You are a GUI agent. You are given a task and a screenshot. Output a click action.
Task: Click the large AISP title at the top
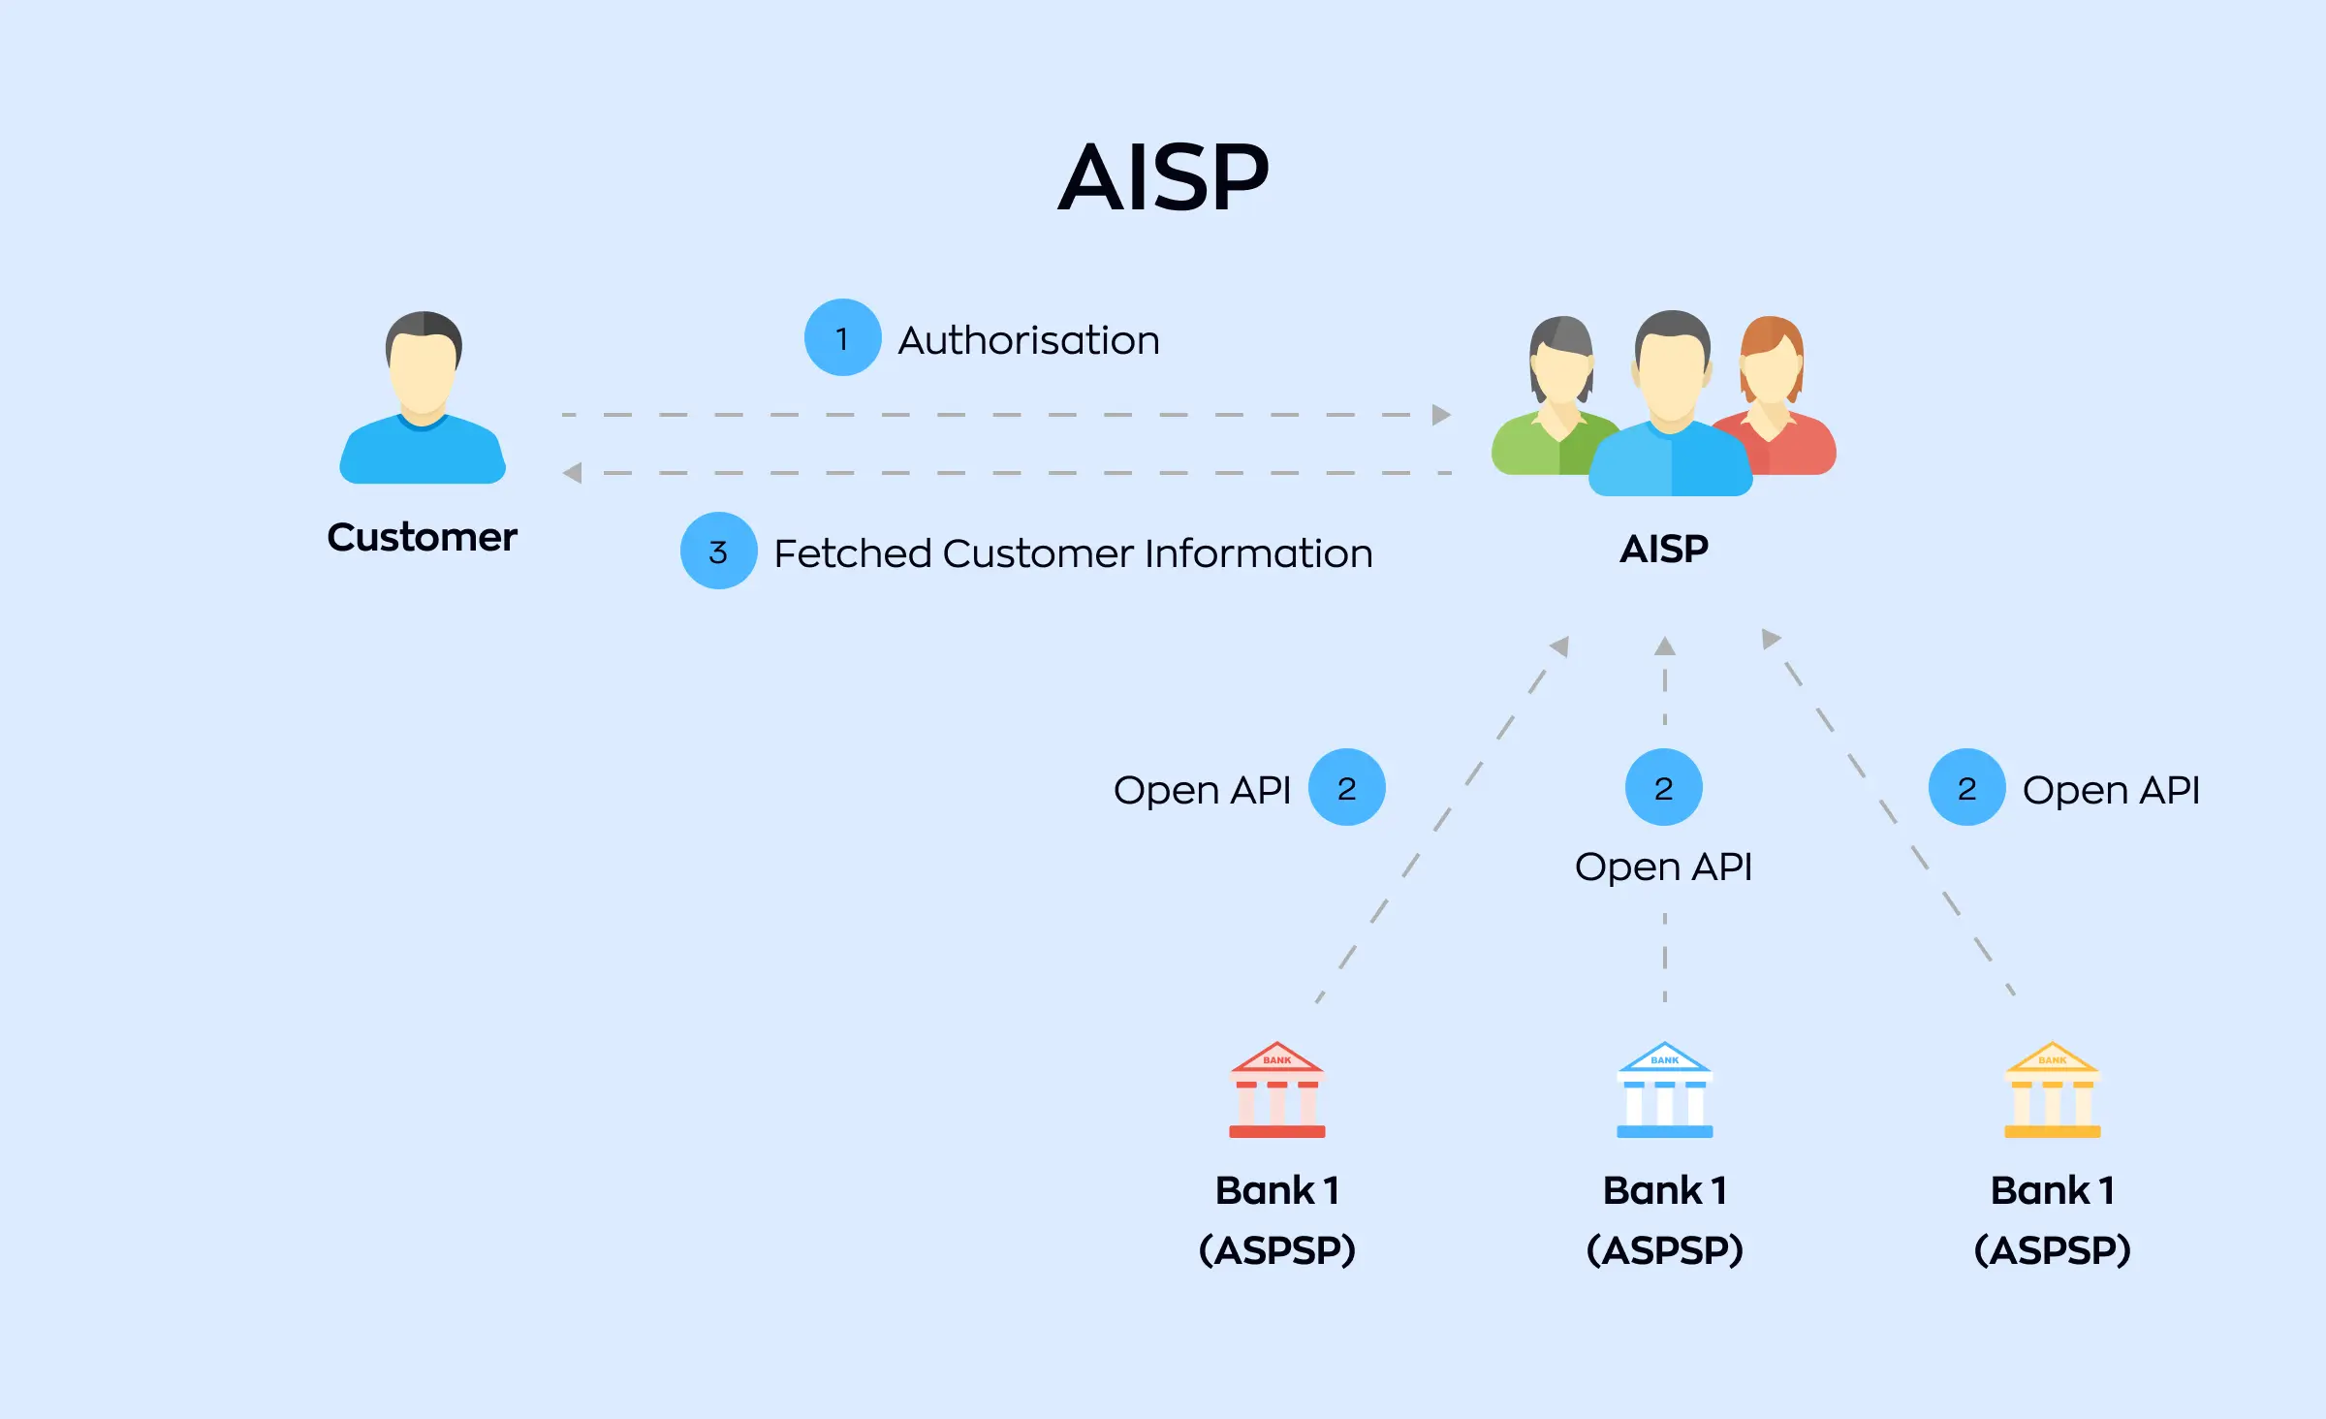click(1163, 178)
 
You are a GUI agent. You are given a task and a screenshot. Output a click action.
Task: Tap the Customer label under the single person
click(422, 537)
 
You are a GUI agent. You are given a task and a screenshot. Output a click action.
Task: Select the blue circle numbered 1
click(842, 338)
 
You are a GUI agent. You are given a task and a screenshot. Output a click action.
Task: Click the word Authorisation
click(1028, 340)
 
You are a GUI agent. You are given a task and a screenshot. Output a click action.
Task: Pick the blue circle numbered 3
click(718, 552)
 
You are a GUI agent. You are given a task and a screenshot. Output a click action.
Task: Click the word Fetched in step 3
click(852, 553)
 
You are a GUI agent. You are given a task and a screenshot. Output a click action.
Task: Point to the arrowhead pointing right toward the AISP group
click(1441, 415)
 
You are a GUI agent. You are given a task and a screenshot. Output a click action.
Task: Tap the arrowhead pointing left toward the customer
click(573, 473)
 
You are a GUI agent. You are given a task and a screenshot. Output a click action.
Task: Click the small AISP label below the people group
click(1664, 550)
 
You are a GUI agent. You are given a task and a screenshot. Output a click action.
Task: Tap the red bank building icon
click(1276, 1090)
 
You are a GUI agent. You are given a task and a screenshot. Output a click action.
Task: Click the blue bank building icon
click(1664, 1090)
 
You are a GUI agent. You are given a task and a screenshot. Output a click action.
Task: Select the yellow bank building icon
click(2052, 1090)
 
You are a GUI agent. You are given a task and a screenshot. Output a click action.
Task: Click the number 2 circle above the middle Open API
click(1663, 788)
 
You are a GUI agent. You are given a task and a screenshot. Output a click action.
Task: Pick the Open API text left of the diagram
click(1202, 790)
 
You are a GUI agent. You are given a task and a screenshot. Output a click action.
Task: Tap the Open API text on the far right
click(2111, 790)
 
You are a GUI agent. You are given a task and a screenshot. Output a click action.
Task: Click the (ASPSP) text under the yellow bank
click(2052, 1250)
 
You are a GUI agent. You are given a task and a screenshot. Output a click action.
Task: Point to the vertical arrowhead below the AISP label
click(1664, 646)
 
